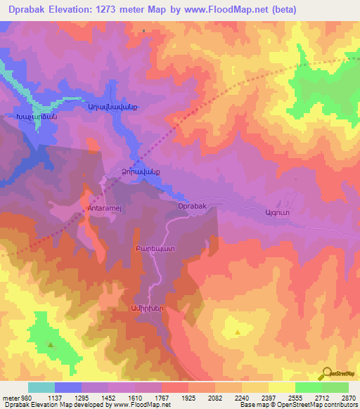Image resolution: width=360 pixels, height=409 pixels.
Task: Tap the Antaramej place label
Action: [x=106, y=209]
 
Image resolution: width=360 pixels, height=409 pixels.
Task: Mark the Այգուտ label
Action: [x=276, y=212]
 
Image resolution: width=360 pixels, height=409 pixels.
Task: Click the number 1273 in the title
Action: [x=141, y=10]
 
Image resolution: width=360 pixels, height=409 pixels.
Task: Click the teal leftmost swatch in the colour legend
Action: [x=41, y=387]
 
